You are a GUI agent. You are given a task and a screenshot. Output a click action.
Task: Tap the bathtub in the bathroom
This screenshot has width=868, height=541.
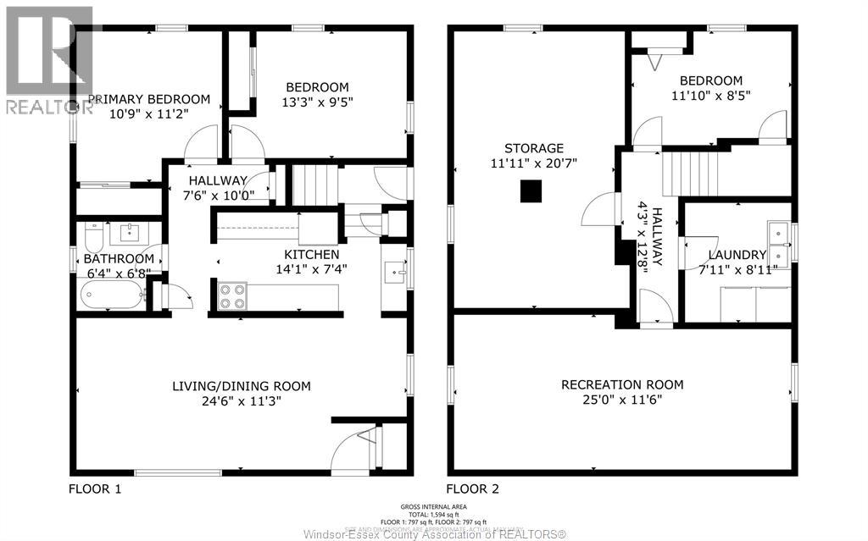[112, 296]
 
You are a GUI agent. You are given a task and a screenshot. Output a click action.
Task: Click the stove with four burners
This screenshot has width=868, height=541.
[233, 296]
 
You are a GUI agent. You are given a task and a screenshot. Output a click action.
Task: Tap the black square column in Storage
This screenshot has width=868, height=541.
[531, 192]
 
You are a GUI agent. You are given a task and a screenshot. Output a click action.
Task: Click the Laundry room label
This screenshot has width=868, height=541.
[737, 255]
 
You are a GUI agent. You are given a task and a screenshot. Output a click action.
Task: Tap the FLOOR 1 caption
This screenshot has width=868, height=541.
[95, 489]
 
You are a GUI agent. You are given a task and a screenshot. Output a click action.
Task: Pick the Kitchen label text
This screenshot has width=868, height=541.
[311, 255]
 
